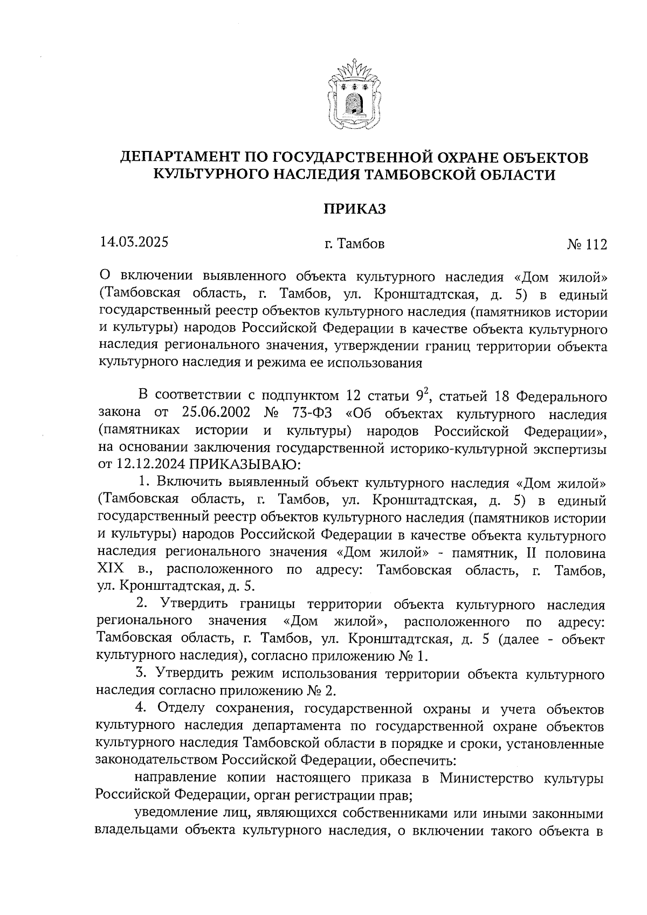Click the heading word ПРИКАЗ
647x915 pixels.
click(354, 209)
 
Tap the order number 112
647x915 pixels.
click(595, 244)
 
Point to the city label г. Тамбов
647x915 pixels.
click(354, 244)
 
